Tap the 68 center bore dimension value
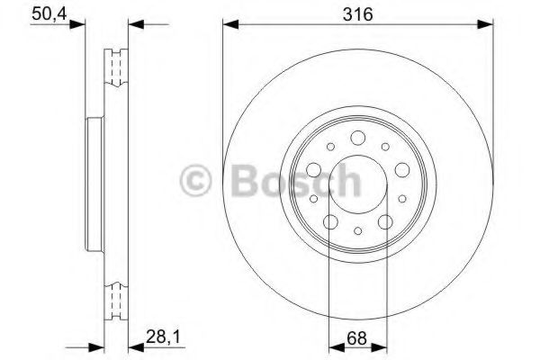[357, 339]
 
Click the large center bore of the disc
[357, 184]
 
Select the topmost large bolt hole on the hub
[357, 138]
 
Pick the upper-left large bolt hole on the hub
[314, 169]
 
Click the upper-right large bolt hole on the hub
[400, 169]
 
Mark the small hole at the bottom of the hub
[357, 230]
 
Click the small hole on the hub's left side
[312, 199]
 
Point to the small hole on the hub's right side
[402, 199]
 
